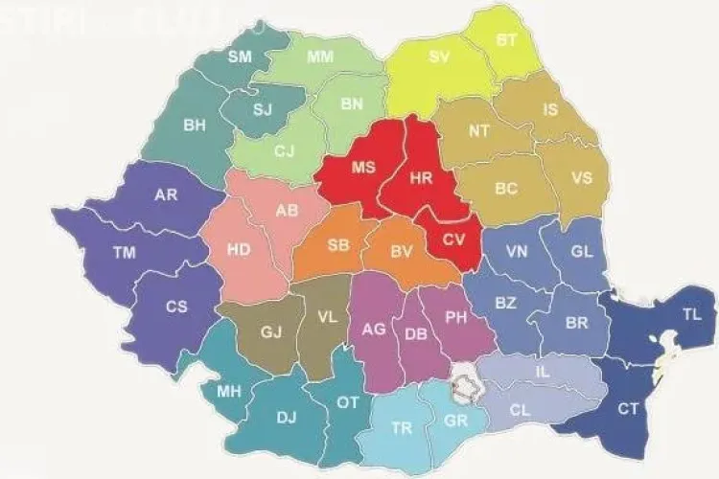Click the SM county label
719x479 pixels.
(239, 57)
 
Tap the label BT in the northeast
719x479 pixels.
(506, 40)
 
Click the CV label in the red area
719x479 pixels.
(452, 240)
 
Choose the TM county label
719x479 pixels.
(123, 253)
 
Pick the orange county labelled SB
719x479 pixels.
(337, 244)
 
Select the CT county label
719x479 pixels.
(628, 409)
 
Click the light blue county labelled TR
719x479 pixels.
(402, 428)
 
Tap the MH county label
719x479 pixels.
(228, 391)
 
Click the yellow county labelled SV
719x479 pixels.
(439, 57)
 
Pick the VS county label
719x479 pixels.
(581, 177)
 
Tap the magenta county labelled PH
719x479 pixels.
(456, 318)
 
